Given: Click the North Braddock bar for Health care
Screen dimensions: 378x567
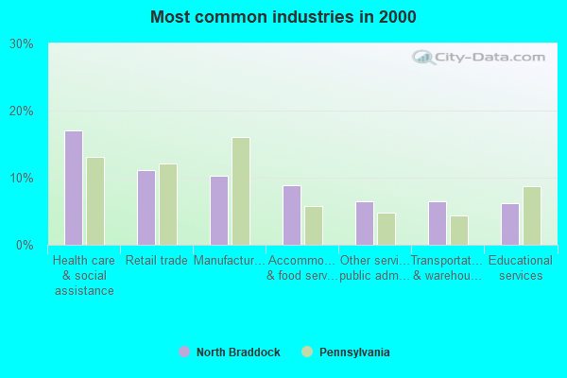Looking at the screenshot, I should coord(74,188).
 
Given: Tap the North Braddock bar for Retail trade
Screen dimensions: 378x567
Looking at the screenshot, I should coord(146,208).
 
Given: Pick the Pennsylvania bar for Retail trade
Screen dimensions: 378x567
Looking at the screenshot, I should coord(168,204).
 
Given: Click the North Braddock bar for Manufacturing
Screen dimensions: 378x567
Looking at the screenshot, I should coord(219,211).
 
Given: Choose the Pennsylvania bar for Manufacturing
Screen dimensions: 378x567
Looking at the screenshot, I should coord(241,191).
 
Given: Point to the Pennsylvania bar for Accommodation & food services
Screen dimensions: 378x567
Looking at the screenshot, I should coord(314,226).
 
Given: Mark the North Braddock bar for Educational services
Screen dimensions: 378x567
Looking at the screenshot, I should coord(510,224).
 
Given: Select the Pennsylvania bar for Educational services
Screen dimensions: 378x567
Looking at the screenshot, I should coord(532,215).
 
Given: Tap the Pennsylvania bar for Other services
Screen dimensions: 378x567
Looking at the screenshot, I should coord(387,229).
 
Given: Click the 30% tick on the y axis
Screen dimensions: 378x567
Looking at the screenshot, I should coord(22,43).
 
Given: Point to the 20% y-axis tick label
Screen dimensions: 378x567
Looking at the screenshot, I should coord(22,111).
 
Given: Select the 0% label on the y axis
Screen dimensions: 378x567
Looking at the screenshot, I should coord(26,245).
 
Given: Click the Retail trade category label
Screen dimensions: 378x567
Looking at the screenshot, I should coord(157,261).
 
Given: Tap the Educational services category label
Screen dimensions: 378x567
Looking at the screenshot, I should coord(521,267).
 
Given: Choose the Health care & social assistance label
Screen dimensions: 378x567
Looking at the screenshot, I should coord(84,275).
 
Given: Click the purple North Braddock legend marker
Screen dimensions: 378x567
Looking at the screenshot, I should coord(184,352).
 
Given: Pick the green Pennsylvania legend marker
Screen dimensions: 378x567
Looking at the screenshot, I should coord(307,352).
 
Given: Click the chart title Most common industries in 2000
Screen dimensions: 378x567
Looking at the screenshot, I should coord(283,17).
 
